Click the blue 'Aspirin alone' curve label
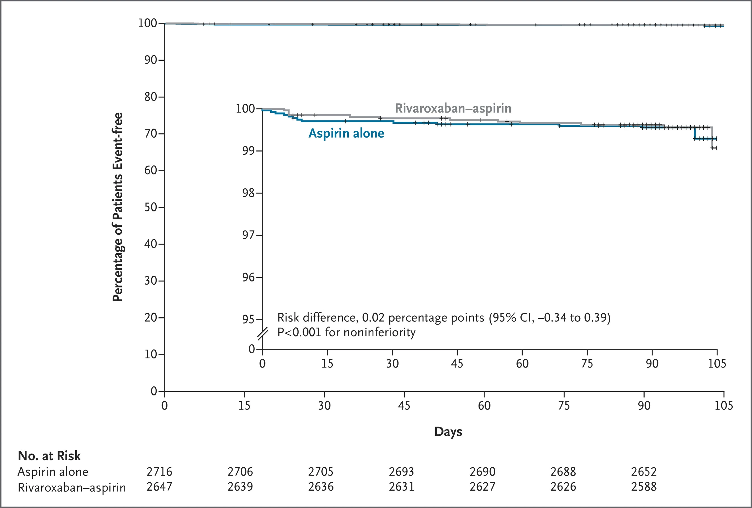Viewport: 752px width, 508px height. click(346, 133)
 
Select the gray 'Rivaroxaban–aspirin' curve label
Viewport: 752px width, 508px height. click(453, 108)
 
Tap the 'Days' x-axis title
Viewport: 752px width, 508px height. click(448, 432)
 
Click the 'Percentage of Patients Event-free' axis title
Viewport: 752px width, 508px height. click(117, 207)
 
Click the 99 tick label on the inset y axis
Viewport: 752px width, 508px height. click(248, 151)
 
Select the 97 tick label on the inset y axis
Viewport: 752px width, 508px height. click(248, 235)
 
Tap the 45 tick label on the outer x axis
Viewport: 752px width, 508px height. click(404, 405)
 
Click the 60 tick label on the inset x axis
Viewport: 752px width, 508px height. click(522, 363)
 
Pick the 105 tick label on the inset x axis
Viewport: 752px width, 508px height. click(717, 363)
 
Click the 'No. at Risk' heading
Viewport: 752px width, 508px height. click(49, 456)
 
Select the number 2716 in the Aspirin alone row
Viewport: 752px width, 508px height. click(159, 472)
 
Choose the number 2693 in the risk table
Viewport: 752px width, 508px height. click(401, 472)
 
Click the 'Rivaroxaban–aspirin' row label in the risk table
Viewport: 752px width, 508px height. click(72, 487)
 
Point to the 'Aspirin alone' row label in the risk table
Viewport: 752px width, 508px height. click(53, 472)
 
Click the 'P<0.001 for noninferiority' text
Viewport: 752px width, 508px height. click(346, 332)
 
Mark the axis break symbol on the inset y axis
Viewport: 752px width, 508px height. click(262, 334)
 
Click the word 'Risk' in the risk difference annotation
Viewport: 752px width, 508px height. click(288, 317)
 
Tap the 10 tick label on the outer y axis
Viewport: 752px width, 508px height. click(150, 354)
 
